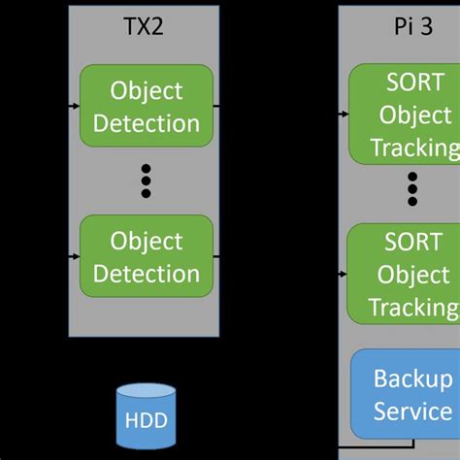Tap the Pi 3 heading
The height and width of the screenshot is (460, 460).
(413, 26)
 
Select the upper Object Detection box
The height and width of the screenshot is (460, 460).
(146, 107)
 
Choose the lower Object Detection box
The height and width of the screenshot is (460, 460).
(146, 256)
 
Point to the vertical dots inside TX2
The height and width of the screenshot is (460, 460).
(146, 181)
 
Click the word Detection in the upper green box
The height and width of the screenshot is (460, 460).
(147, 123)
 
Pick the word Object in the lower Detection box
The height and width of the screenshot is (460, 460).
(147, 240)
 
